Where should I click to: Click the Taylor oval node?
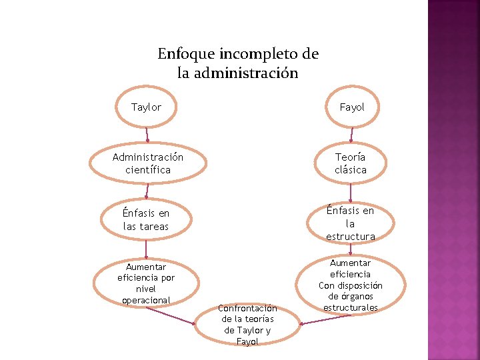(x=146, y=107)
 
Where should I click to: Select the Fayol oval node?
(x=351, y=107)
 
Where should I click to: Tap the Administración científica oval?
(x=147, y=163)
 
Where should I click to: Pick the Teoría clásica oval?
(x=351, y=163)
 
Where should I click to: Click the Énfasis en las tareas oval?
(x=146, y=220)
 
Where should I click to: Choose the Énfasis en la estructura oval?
(x=351, y=223)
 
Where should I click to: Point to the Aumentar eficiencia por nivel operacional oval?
(x=146, y=283)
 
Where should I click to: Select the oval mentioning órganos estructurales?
(x=351, y=285)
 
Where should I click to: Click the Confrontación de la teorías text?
(x=247, y=325)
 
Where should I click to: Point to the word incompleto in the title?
(x=256, y=53)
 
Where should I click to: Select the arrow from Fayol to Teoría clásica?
(x=351, y=136)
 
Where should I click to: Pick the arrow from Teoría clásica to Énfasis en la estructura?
(x=351, y=192)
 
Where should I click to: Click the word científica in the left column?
(x=147, y=170)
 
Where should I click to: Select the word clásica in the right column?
(x=351, y=170)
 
